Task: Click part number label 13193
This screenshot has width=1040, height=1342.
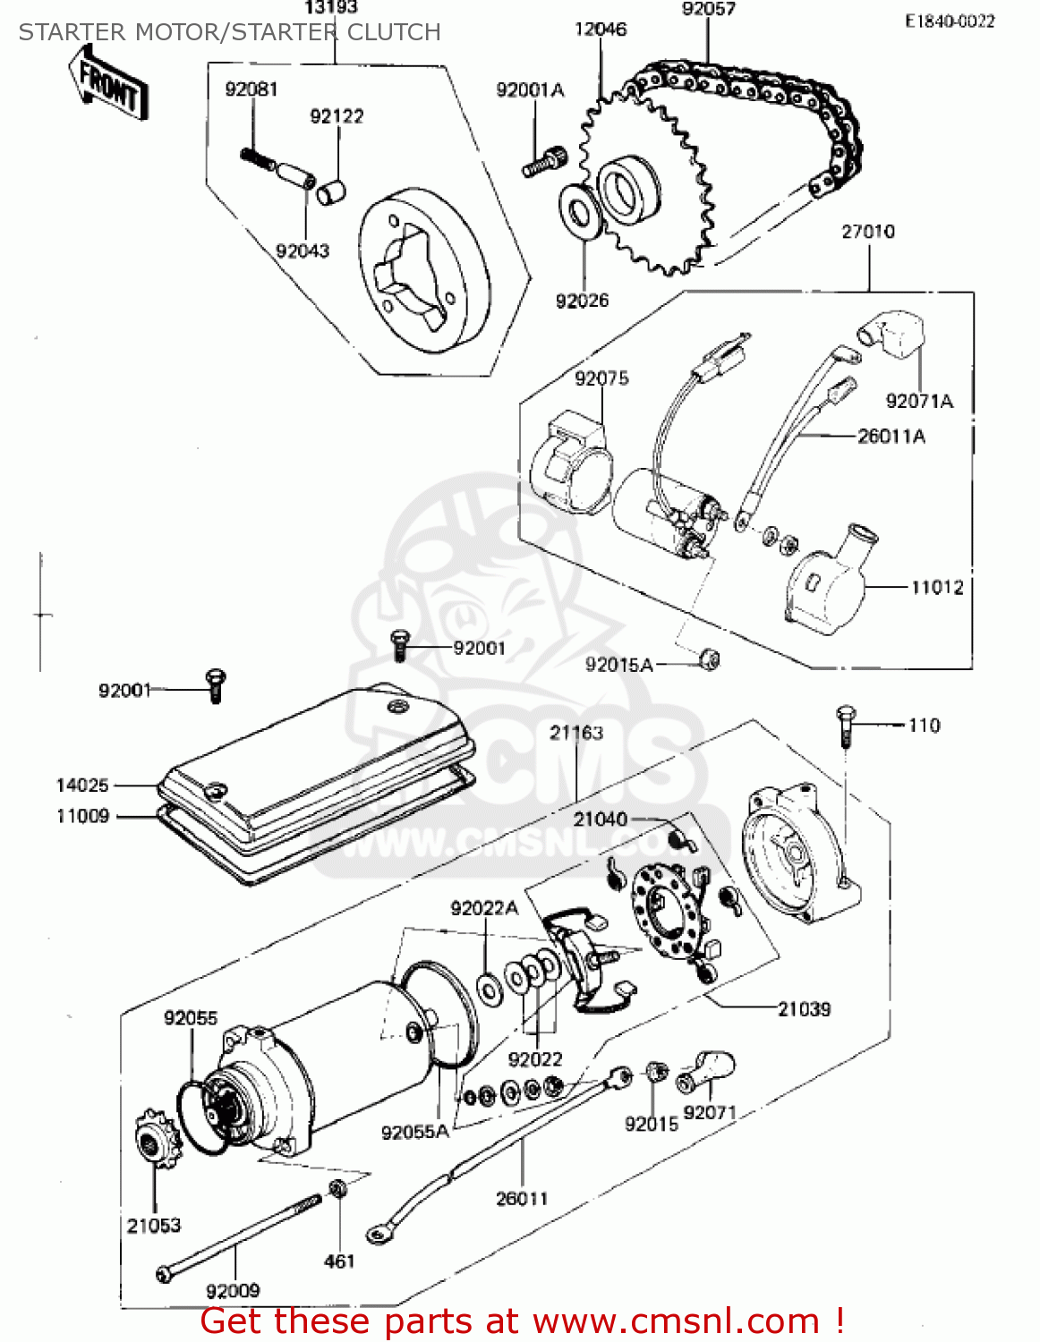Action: (331, 8)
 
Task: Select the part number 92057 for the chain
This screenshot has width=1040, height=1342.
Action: (708, 9)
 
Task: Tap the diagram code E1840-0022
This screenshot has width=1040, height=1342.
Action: (950, 21)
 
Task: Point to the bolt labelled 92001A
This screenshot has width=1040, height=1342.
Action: (543, 164)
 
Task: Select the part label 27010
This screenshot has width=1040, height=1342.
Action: (867, 232)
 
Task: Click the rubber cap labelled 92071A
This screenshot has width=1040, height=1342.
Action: (895, 333)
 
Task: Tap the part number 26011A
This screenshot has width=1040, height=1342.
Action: (891, 437)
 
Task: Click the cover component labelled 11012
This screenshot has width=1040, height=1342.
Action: (828, 582)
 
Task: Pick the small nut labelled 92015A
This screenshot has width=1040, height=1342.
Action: (710, 659)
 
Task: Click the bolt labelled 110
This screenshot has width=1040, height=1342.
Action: (847, 724)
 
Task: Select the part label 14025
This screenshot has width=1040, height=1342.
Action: (82, 786)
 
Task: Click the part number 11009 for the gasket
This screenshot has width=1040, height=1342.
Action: (82, 816)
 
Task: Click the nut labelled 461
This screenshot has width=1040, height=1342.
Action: (338, 1190)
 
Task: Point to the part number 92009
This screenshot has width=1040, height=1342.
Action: (233, 1290)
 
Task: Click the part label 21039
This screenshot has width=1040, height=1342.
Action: (804, 1009)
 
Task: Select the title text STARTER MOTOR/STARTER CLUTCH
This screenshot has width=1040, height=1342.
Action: (230, 32)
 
